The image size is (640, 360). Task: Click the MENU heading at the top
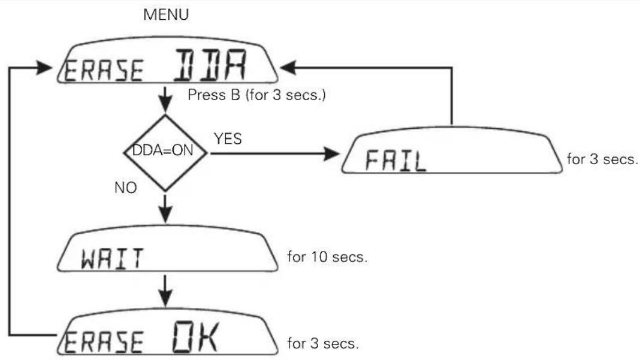click(x=166, y=15)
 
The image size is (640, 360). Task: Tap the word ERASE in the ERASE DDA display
click(x=104, y=70)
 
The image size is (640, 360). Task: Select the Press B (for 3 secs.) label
click(x=256, y=95)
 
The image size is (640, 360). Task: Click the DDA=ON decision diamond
click(x=165, y=153)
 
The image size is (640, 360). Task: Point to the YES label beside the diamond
click(x=228, y=139)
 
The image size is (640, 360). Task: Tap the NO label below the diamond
click(x=126, y=187)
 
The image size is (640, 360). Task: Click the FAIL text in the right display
click(x=396, y=160)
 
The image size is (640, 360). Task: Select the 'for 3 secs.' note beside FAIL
click(x=602, y=159)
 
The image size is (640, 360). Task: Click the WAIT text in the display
click(x=112, y=258)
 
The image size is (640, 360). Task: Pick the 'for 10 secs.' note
click(x=327, y=257)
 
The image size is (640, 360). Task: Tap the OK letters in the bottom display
click(x=195, y=337)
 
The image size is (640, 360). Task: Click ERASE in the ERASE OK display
click(x=104, y=342)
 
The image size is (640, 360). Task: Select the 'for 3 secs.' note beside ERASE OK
click(x=323, y=343)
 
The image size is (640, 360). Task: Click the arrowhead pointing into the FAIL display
click(x=331, y=153)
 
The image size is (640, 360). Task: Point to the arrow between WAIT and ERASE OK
click(x=165, y=291)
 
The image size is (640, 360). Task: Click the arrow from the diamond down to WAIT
click(x=165, y=209)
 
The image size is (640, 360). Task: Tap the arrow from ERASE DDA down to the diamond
click(x=165, y=99)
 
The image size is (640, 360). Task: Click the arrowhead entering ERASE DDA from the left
click(x=44, y=67)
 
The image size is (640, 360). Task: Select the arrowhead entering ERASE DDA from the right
click(x=288, y=67)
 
